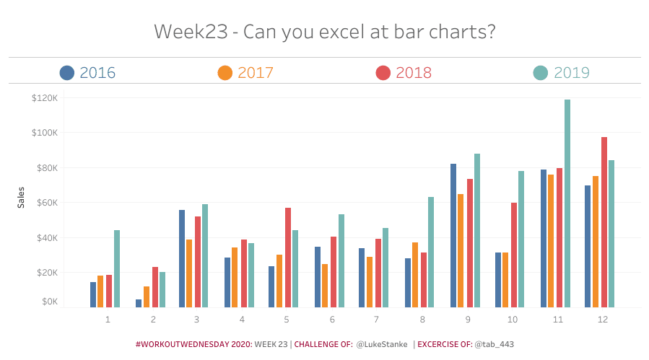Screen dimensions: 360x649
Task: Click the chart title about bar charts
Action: click(x=324, y=32)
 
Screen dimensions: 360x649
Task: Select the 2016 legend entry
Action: click(x=97, y=73)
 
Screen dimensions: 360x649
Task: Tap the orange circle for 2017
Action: click(x=225, y=73)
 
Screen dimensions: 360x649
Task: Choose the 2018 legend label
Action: click(x=414, y=73)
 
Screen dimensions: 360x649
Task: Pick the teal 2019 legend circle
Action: click(x=541, y=73)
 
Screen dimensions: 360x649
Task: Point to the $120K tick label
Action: click(x=44, y=97)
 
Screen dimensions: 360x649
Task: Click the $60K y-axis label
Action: click(x=45, y=203)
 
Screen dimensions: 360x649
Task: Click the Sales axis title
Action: click(x=21, y=198)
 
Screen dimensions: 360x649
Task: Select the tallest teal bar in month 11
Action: click(x=567, y=203)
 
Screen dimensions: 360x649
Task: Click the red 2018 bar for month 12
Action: click(x=604, y=221)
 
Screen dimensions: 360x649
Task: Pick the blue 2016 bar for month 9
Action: click(x=453, y=235)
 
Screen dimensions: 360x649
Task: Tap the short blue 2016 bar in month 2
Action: click(x=139, y=303)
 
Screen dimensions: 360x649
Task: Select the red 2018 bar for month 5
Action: click(x=288, y=257)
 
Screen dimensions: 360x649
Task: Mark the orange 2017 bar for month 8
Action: click(x=415, y=274)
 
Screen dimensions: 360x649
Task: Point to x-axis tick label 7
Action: click(x=376, y=319)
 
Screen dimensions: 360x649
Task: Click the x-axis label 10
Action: click(x=512, y=319)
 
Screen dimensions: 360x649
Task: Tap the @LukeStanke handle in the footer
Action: click(x=382, y=345)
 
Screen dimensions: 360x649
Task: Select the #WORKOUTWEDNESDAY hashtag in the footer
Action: click(x=193, y=345)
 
